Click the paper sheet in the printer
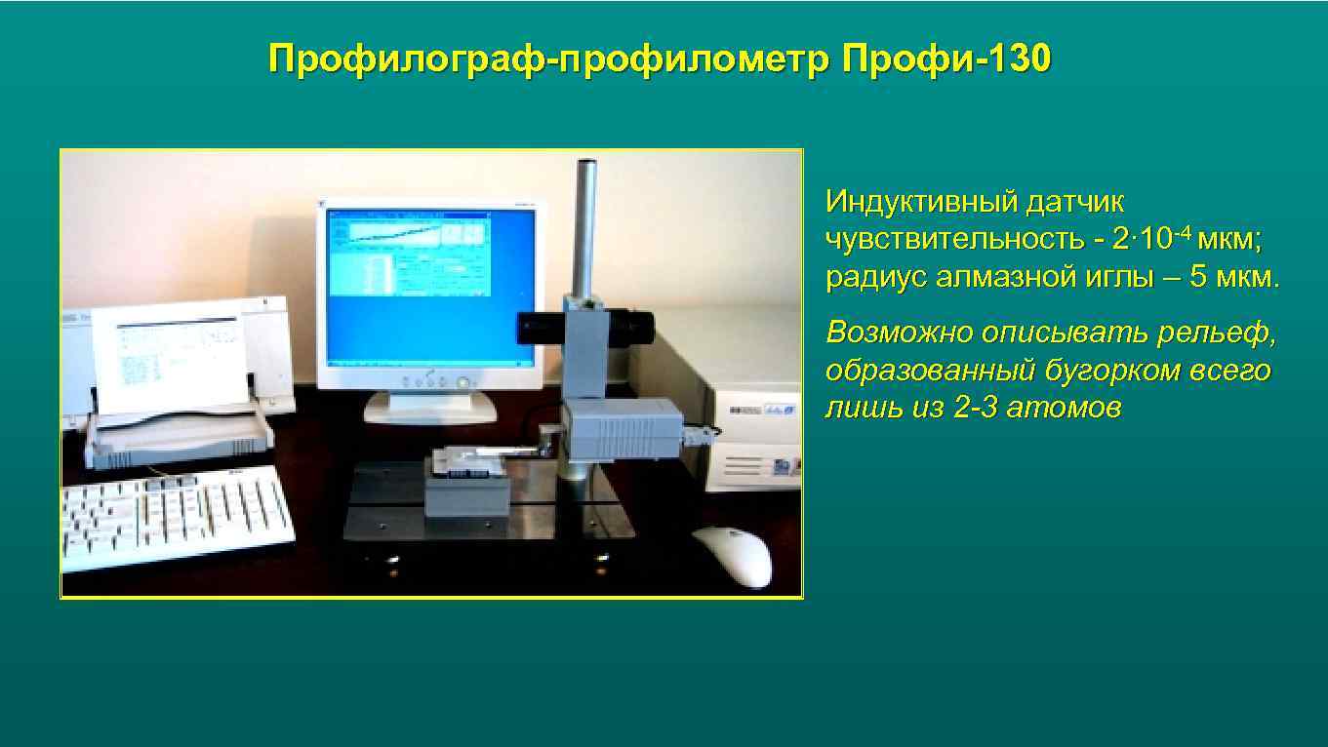(x=176, y=356)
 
